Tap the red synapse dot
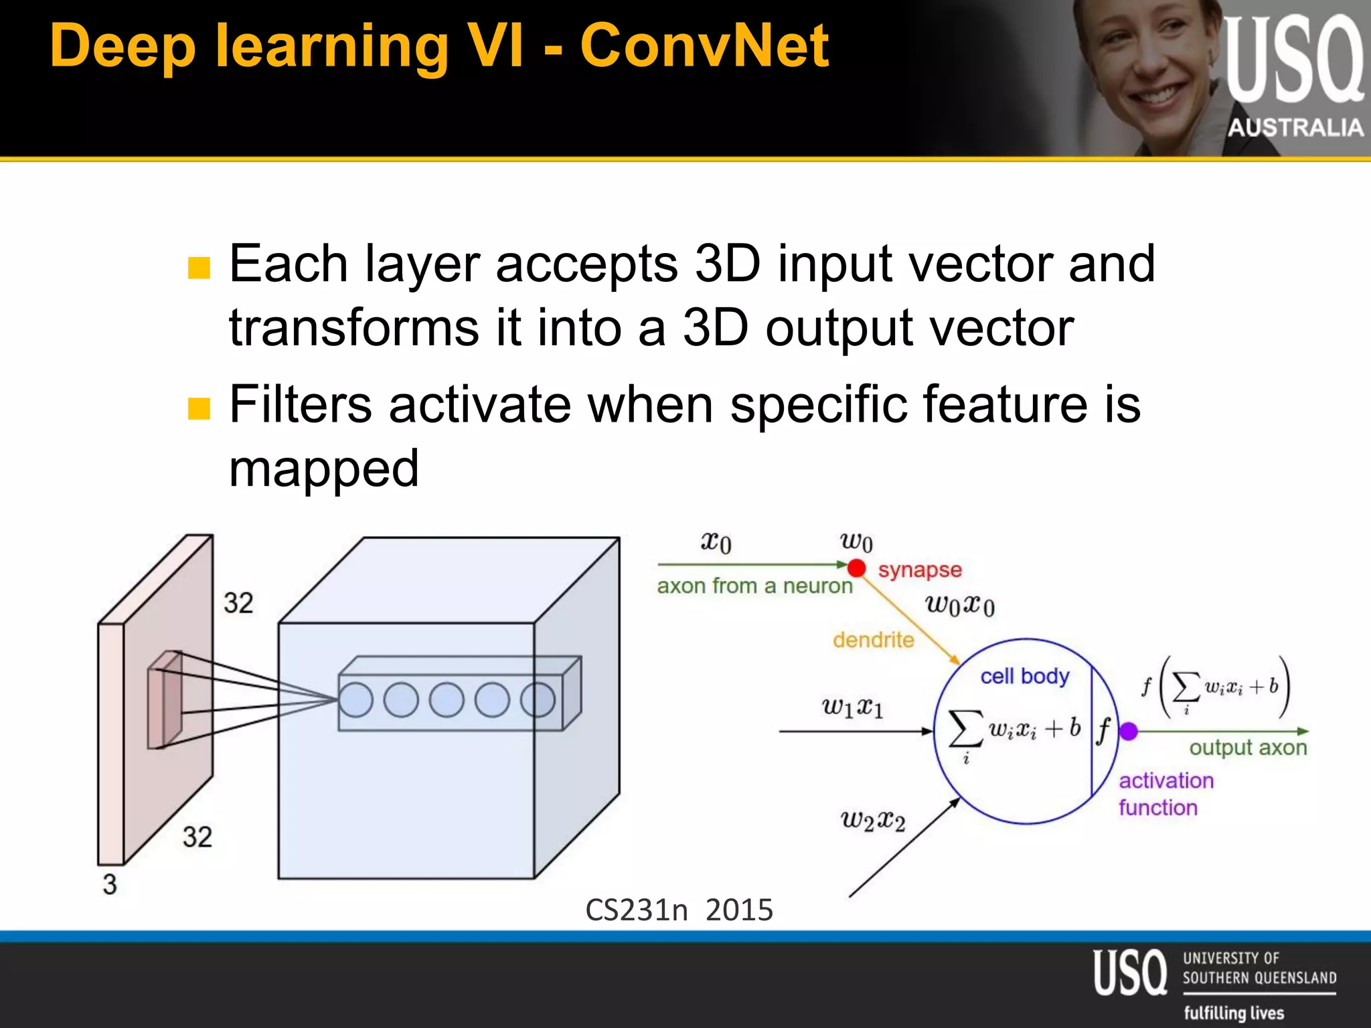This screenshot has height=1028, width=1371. (x=856, y=568)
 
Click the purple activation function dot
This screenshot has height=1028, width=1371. (x=1129, y=732)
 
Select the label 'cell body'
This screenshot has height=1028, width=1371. (x=1024, y=676)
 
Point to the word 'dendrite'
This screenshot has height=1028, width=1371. (x=873, y=640)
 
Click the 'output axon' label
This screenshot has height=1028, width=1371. (x=1248, y=747)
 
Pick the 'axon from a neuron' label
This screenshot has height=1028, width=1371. (x=754, y=586)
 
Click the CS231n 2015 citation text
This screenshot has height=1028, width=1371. (x=679, y=910)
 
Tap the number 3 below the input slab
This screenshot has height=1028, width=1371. (x=110, y=885)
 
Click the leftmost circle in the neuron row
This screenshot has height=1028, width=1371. (x=355, y=700)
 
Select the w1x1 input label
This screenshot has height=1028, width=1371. (x=852, y=707)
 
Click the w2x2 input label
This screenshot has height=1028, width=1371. (x=872, y=821)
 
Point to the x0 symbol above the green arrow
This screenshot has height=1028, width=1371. (x=716, y=541)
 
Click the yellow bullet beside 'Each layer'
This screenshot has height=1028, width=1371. (x=199, y=268)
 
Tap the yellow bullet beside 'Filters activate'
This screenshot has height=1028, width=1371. (x=199, y=408)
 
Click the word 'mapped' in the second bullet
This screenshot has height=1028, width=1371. (x=324, y=469)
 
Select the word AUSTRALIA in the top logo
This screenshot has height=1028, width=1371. (x=1295, y=127)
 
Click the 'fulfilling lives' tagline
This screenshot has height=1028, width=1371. (x=1234, y=1013)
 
